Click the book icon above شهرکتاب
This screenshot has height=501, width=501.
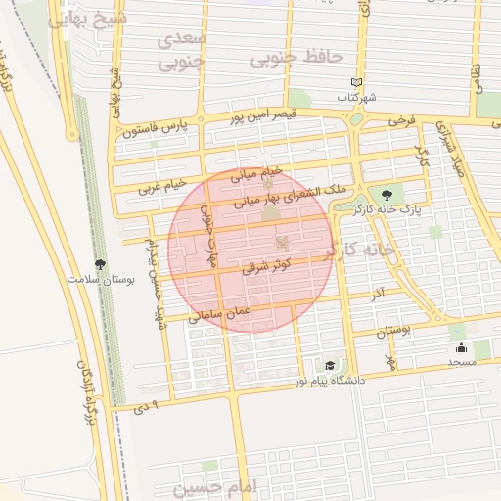(x=356, y=83)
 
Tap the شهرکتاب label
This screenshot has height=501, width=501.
(x=357, y=98)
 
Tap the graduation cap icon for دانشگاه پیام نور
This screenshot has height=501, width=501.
(x=330, y=365)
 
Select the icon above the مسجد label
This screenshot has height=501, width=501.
(x=461, y=347)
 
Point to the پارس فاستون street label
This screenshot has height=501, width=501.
(x=155, y=127)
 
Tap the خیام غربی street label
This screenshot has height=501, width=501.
(x=161, y=182)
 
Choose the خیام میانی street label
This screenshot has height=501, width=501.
(x=256, y=173)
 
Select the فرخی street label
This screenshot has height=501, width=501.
(x=401, y=120)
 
